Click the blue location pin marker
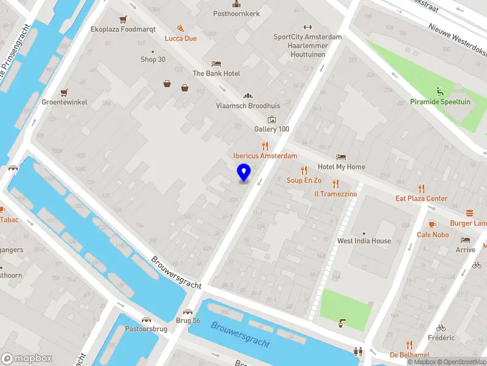244,173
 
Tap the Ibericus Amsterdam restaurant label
265,156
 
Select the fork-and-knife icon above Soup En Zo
304,170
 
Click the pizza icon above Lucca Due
181,28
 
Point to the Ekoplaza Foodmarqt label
123,29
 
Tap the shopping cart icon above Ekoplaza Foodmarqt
124,19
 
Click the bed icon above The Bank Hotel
216,63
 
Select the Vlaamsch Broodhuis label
248,106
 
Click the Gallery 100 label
272,129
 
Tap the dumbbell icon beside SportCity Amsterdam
307,27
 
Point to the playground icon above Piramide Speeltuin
440,92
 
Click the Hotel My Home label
342,167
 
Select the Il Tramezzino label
335,193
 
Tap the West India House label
364,241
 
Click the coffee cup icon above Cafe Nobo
433,224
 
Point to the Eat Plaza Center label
421,198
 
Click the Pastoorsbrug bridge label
146,329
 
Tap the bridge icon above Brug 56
187,311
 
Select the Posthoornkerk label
236,13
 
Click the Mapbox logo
26,358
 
